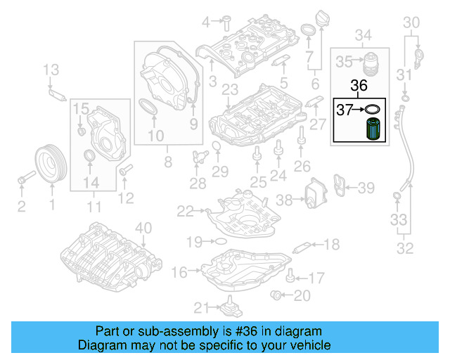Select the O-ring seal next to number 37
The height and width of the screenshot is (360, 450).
click(373, 109)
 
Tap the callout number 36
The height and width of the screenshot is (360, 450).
click(359, 86)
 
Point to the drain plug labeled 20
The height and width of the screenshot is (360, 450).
click(278, 294)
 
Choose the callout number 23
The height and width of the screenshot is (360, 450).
click(230, 89)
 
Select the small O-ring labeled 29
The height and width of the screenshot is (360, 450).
click(216, 146)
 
